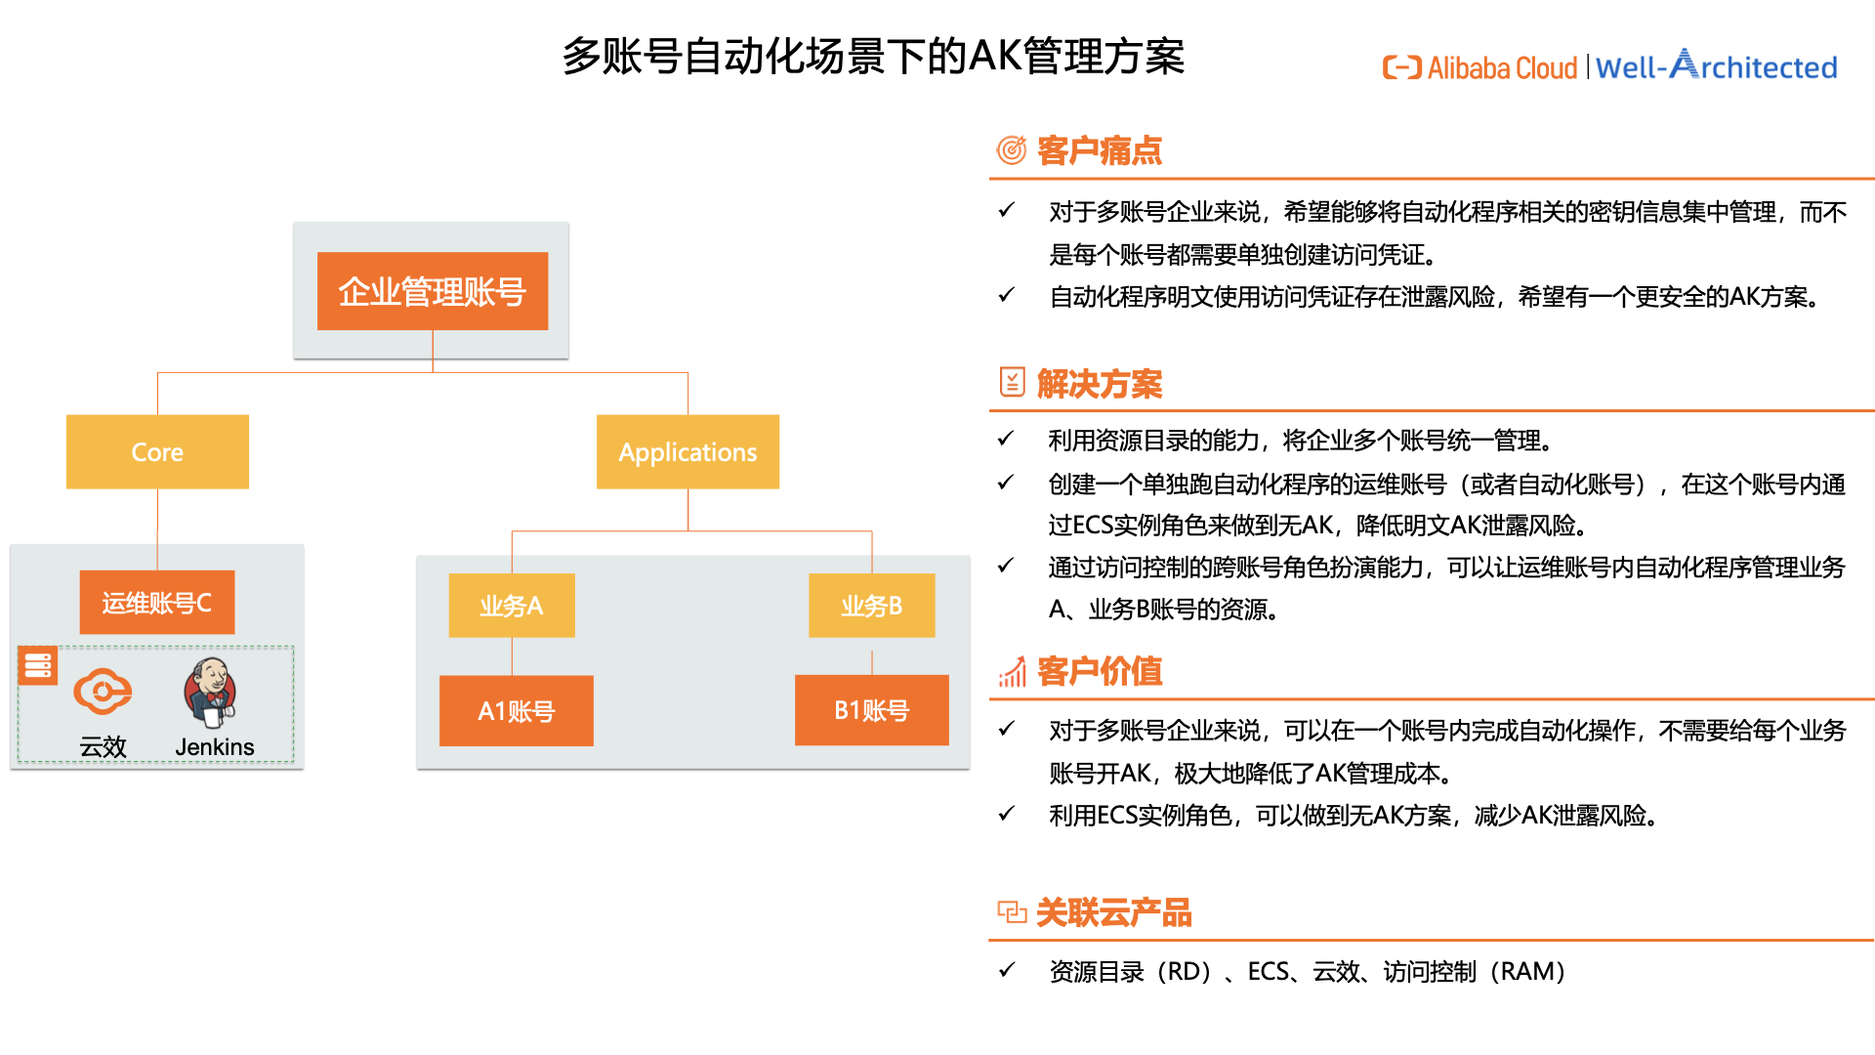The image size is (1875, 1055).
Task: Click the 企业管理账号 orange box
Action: point(433,291)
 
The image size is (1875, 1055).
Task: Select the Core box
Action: point(157,451)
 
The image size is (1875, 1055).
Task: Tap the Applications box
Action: point(687,451)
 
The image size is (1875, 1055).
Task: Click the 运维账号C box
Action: point(157,603)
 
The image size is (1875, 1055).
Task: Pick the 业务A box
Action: point(512,606)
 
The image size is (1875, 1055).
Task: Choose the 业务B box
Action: point(872,606)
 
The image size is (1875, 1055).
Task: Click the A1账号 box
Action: point(517,710)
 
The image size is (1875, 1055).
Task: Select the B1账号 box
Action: point(872,710)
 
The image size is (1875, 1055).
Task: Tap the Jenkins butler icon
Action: point(210,693)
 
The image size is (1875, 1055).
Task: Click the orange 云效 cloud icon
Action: point(103,692)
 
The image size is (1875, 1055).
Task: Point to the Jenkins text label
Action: point(215,747)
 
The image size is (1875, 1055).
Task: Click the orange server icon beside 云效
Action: point(38,665)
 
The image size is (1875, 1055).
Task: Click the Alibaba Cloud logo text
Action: point(1480,67)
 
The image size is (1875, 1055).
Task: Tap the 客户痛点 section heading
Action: point(1100,150)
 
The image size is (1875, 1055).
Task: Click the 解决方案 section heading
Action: point(1100,384)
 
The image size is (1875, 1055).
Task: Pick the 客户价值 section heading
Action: point(1100,671)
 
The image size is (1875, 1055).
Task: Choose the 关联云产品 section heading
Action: point(1114,912)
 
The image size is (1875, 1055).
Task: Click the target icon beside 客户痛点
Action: point(1012,150)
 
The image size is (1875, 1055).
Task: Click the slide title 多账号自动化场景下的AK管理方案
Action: point(873,56)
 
